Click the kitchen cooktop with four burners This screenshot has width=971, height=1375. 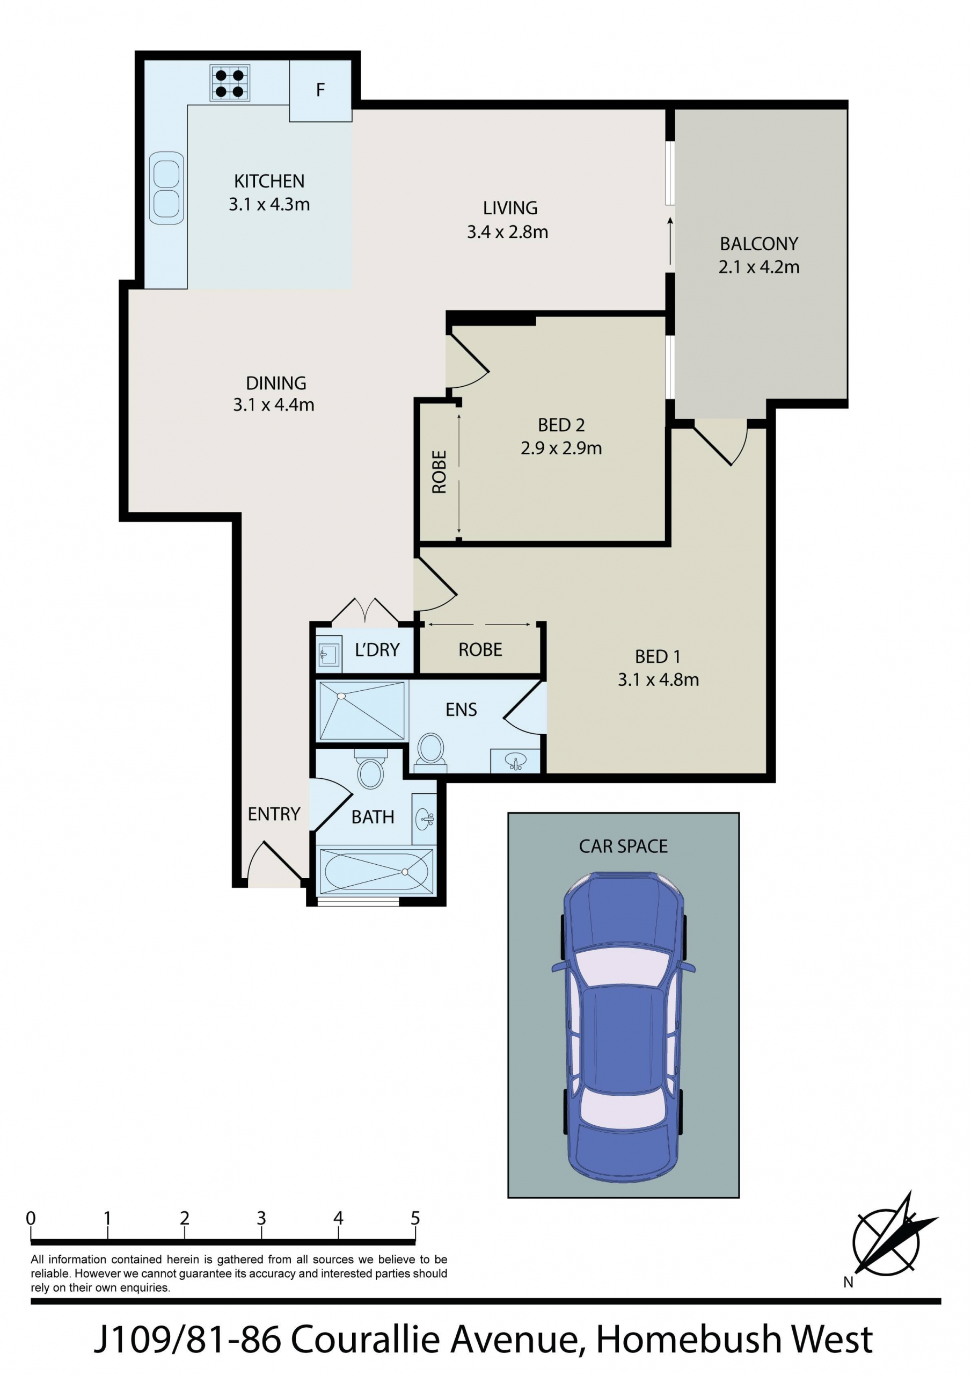230,83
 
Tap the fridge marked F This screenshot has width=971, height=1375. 320,90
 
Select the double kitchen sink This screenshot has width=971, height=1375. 166,187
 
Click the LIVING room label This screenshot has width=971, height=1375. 510,208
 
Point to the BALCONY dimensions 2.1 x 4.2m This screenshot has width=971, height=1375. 758,267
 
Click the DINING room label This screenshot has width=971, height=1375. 276,382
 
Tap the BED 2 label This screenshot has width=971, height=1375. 561,425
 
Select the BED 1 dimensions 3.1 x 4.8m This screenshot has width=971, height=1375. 658,680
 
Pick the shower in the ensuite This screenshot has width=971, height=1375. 362,711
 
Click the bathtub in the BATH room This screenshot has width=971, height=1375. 375,871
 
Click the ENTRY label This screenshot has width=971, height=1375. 274,814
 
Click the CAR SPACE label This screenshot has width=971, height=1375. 623,846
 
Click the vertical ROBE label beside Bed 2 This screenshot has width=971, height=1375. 440,472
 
